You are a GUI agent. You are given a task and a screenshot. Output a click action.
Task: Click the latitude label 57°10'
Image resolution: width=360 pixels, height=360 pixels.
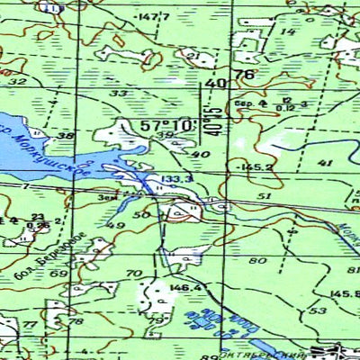click(166, 124)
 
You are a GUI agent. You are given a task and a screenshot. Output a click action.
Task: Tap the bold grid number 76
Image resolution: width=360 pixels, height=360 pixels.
click(242, 75)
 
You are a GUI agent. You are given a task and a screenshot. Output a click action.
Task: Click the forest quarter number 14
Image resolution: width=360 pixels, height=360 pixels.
click(289, 31)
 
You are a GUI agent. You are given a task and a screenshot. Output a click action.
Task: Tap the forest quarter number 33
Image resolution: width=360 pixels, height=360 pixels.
click(118, 94)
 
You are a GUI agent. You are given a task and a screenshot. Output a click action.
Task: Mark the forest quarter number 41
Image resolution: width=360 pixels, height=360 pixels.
click(325, 162)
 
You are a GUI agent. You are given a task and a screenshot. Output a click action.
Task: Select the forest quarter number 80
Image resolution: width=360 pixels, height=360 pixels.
click(261, 261)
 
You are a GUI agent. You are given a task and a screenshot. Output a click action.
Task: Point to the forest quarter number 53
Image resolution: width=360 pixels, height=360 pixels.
click(317, 310)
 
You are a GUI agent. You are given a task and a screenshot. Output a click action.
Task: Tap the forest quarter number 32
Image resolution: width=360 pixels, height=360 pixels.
click(17, 81)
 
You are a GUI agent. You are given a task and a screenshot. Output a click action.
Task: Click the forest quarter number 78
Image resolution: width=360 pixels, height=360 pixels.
click(76, 321)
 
